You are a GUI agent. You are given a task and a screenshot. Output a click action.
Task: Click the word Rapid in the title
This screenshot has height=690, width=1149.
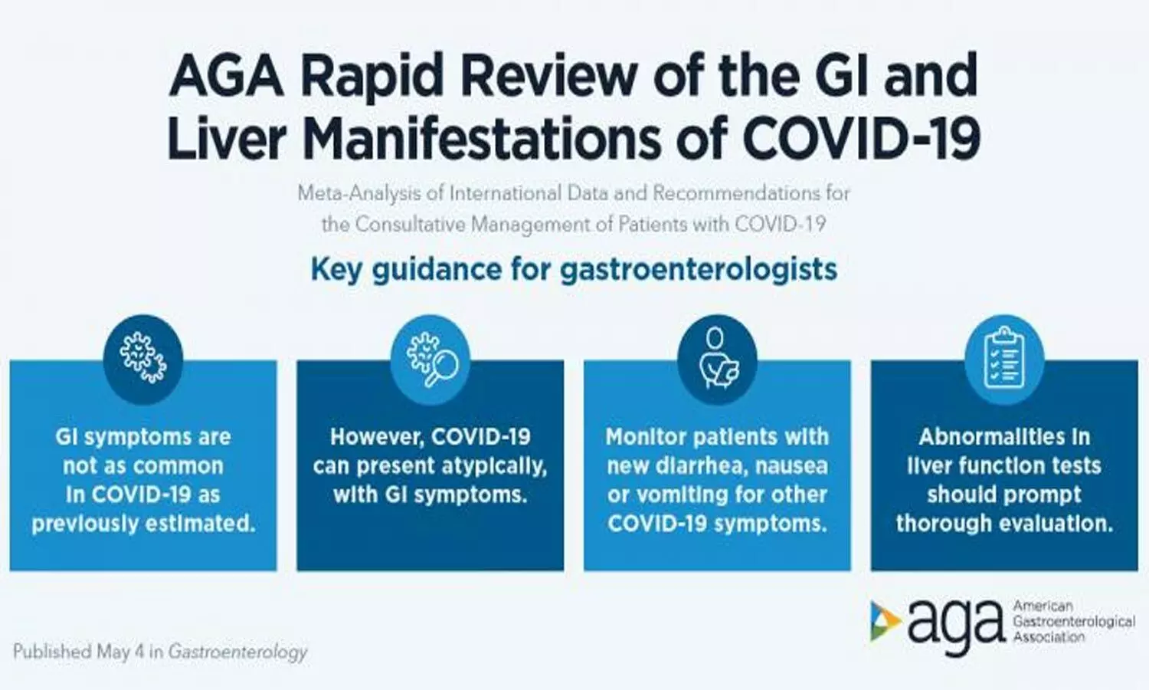click(x=372, y=76)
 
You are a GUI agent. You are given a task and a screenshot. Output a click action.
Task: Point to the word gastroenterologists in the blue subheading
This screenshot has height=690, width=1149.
click(x=699, y=270)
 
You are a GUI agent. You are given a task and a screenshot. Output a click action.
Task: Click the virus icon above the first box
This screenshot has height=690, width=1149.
click(x=143, y=357)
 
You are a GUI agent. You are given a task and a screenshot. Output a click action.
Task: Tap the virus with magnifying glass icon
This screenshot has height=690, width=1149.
click(x=430, y=358)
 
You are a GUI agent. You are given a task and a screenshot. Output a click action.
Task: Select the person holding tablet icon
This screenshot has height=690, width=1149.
click(x=717, y=358)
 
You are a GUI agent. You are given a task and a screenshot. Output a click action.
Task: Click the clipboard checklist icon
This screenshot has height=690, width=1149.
click(x=1004, y=357)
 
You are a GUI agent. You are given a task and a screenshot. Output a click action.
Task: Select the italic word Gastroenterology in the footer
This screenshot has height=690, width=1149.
click(x=238, y=652)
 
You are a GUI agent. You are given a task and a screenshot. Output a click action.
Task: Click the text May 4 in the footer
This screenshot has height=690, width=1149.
click(x=121, y=652)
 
